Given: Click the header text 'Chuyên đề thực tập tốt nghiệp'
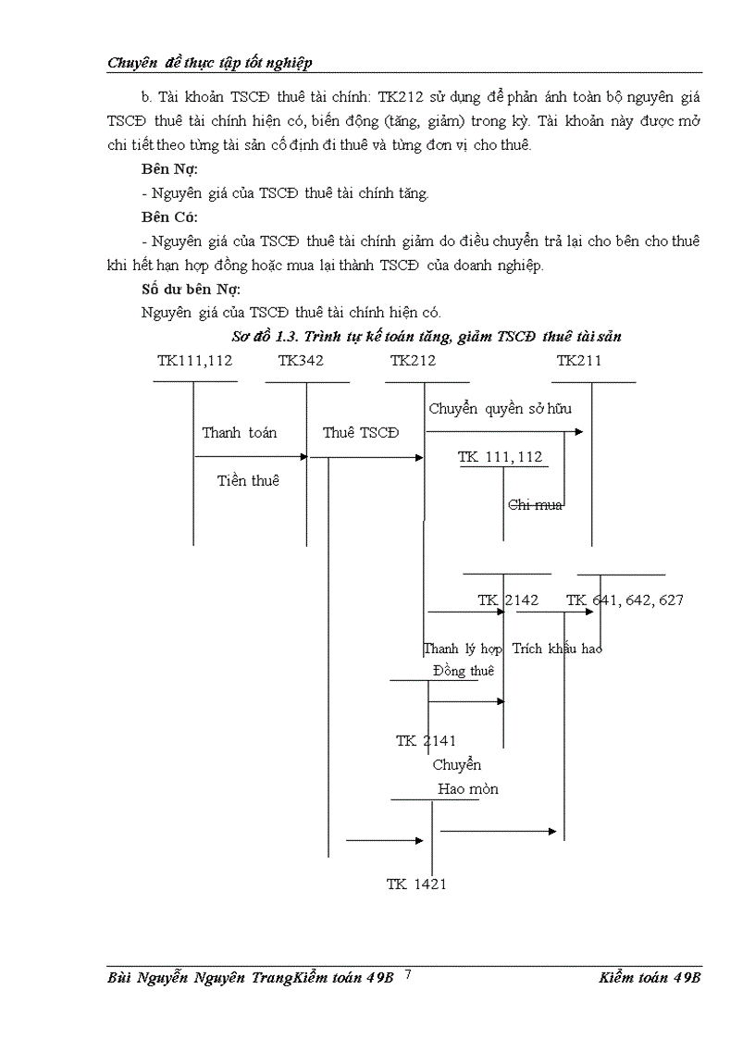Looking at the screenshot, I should tap(210, 62).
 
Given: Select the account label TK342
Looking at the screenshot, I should tap(301, 361).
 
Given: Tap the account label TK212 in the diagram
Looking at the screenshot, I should tap(413, 361).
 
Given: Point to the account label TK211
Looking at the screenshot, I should tap(579, 361).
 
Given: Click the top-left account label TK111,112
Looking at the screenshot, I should tap(194, 361).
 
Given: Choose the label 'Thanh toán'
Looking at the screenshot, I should tap(239, 433).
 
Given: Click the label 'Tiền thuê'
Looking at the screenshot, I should tap(248, 480).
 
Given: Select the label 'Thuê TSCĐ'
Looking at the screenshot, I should tap(361, 433).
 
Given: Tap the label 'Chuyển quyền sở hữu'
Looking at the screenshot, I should tap(499, 409).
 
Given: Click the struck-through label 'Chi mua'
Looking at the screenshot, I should tap(536, 504).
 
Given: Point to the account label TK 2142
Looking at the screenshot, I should tap(508, 600).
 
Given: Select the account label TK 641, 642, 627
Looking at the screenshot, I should tap(625, 600).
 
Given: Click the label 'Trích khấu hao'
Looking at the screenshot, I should tap(557, 649).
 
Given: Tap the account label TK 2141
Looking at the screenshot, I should tap(426, 740).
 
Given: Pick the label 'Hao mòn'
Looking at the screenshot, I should tap(468, 789).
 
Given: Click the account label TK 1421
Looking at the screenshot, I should tap(416, 884).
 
